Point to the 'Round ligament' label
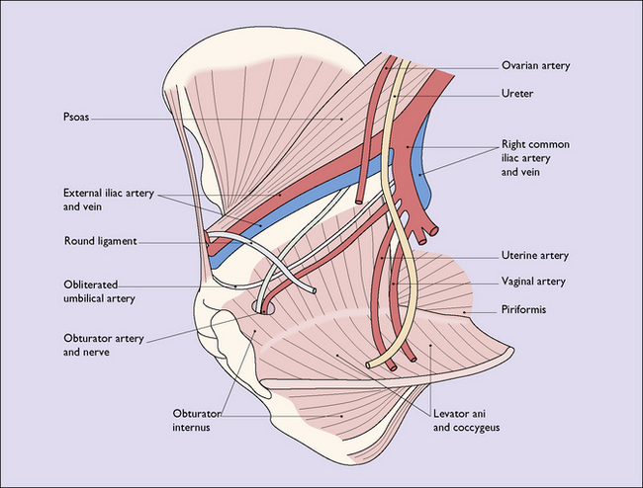click(99, 240)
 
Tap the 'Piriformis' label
click(523, 309)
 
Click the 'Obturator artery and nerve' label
click(104, 346)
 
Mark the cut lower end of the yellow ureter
click(374, 364)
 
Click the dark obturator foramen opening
click(264, 309)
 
